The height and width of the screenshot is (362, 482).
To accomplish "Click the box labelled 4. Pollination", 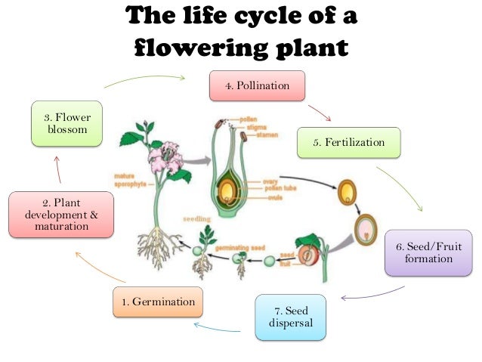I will (x=258, y=86).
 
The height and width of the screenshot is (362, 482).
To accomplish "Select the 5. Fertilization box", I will (x=349, y=142).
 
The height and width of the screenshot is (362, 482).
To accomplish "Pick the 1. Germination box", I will (x=158, y=302).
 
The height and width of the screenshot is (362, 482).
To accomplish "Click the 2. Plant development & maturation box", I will (x=61, y=214).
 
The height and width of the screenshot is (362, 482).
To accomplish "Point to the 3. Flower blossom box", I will (x=67, y=125).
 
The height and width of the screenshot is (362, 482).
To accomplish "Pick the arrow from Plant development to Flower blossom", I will (x=57, y=169).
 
